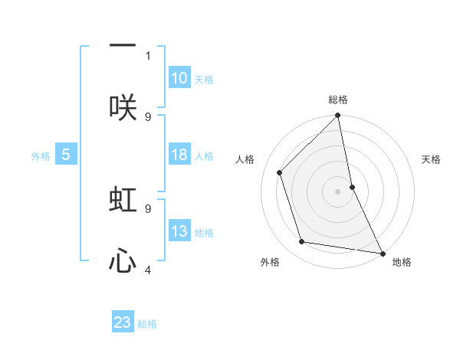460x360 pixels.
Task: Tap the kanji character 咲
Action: [x=123, y=108]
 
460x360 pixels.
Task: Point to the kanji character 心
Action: [x=123, y=262]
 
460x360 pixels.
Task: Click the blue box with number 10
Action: [x=179, y=78]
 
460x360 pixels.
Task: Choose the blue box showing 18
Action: [x=179, y=155]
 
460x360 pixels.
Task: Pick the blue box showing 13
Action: [x=179, y=231]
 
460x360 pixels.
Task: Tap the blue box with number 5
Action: [x=66, y=155]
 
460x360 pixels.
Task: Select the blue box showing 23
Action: [x=123, y=322]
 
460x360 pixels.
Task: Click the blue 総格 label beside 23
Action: [x=147, y=324]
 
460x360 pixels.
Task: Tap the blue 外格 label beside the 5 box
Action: [x=41, y=156]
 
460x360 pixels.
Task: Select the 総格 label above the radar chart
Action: [x=338, y=100]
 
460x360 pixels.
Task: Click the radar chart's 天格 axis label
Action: [x=432, y=159]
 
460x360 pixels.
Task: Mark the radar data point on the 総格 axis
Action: [x=338, y=116]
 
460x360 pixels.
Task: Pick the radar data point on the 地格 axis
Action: [x=382, y=252]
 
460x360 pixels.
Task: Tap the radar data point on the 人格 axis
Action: [x=280, y=172]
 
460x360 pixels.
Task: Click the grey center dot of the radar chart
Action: [x=338, y=191]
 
